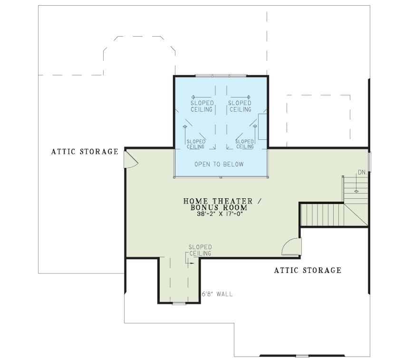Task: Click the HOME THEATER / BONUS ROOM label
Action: [222, 204]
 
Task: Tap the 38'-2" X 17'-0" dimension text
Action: [220, 214]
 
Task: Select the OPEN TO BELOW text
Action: [219, 164]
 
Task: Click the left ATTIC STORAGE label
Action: [85, 151]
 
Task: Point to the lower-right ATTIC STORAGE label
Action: [308, 270]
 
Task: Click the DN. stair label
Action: [363, 172]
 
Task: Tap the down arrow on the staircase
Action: [356, 184]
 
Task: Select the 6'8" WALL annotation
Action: [217, 294]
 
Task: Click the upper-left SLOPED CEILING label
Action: [202, 106]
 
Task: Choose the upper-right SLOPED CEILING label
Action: [240, 106]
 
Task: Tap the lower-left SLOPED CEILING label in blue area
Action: [196, 144]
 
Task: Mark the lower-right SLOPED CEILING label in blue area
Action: [245, 144]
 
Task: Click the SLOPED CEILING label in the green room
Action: [200, 251]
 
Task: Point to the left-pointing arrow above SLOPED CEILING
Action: [201, 97]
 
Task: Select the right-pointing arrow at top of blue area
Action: [240, 97]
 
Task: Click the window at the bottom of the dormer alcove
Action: [179, 303]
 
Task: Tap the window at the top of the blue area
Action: [221, 76]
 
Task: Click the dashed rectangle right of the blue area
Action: [318, 121]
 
